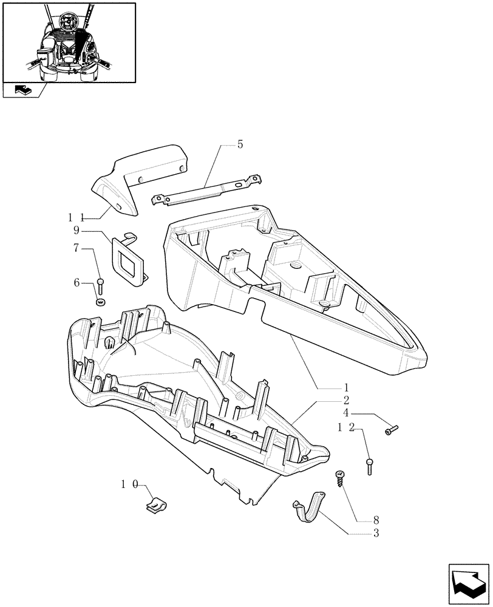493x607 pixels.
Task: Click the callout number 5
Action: (x=240, y=144)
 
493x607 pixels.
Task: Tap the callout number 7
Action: (x=76, y=248)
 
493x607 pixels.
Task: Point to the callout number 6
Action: (x=76, y=282)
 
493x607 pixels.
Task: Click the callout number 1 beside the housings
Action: (x=345, y=387)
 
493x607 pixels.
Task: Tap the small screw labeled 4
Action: (x=392, y=430)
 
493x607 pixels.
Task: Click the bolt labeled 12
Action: (x=369, y=466)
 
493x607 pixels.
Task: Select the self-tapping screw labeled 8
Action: (x=338, y=478)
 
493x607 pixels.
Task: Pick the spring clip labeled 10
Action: (x=158, y=504)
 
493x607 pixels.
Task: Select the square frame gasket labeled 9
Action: (x=130, y=259)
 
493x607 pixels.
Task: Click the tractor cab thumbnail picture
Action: (x=69, y=42)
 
